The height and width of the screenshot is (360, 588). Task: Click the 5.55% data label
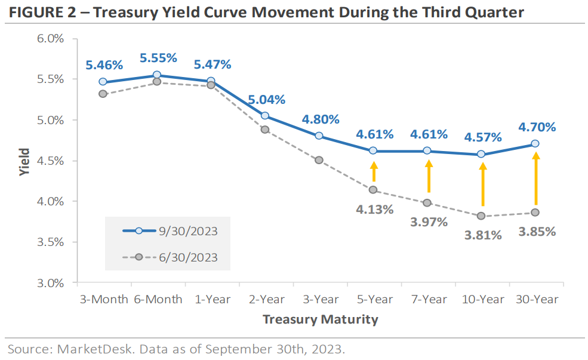coord(158,58)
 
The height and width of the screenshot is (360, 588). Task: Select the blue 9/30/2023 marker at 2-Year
coord(265,116)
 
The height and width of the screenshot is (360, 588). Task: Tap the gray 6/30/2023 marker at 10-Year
coord(481,216)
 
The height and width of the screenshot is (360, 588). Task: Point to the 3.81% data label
coord(483,235)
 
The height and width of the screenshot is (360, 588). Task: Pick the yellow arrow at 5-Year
coord(374,172)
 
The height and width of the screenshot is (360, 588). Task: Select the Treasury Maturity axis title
coord(321,319)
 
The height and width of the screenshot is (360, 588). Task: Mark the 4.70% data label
coord(536,127)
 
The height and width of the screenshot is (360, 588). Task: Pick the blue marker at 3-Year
coord(319,136)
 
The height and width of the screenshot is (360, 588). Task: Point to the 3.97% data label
coord(429,222)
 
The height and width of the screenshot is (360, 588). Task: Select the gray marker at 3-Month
coord(103,94)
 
